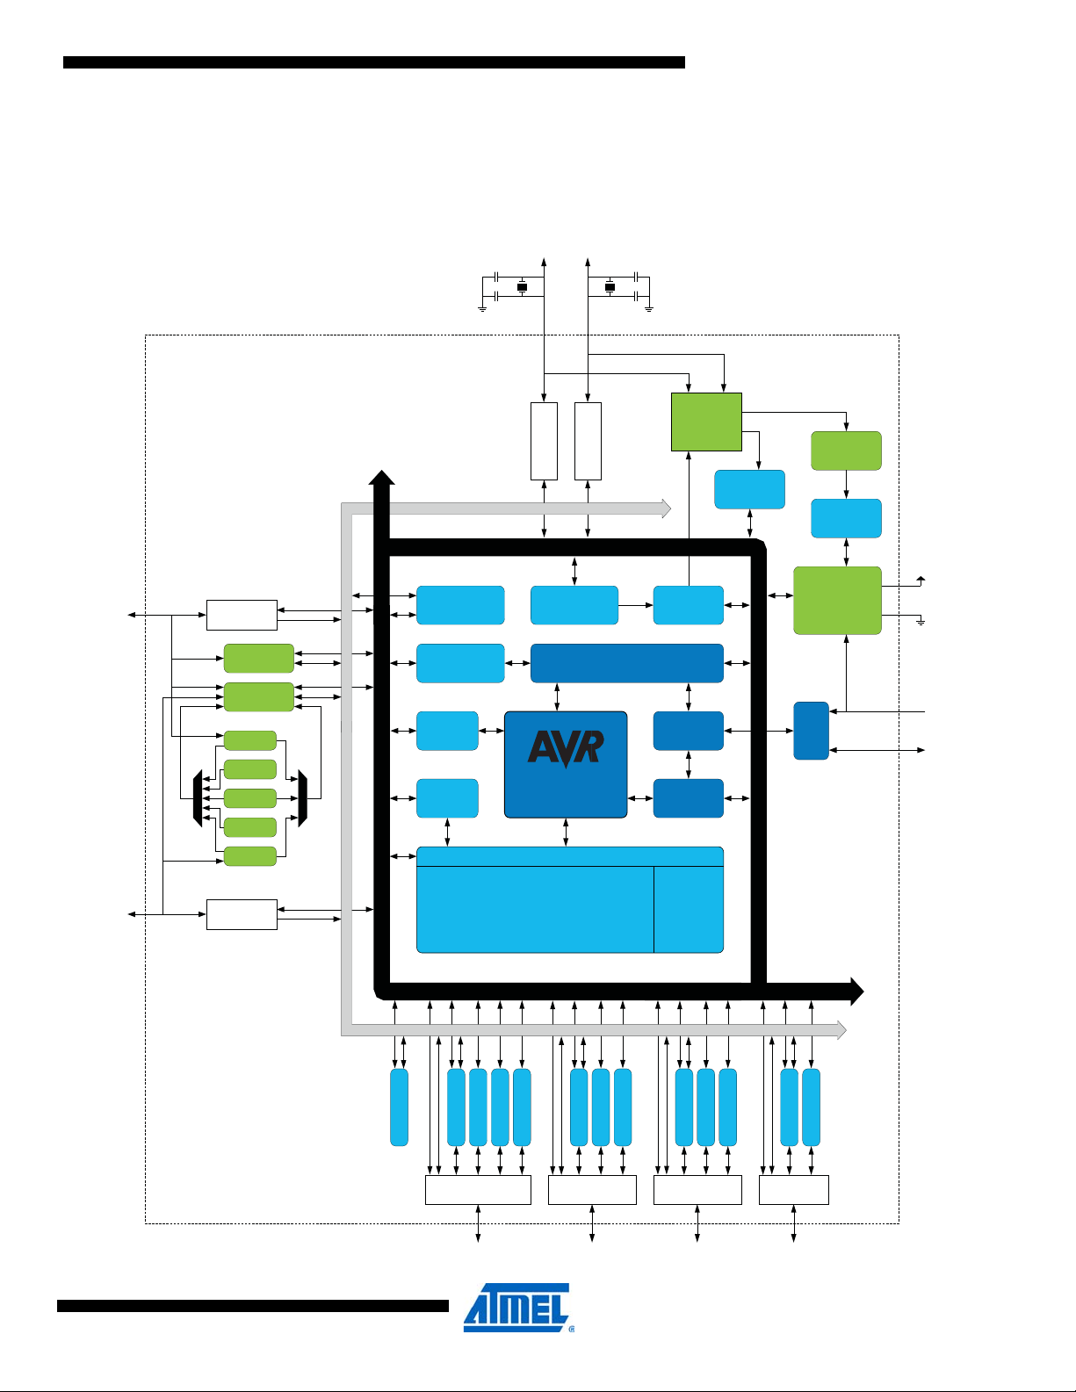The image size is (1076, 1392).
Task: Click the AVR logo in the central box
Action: tap(566, 748)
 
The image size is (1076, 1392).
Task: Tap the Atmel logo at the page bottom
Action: tap(517, 1308)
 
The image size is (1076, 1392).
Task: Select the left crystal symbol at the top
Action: tap(522, 287)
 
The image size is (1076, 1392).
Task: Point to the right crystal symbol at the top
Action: tap(610, 287)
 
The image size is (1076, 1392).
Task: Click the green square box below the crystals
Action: tap(706, 422)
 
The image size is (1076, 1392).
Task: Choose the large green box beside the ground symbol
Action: tap(837, 600)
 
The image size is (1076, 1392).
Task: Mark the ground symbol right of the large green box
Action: tap(921, 622)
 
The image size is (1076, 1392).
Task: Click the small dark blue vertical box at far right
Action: tap(811, 730)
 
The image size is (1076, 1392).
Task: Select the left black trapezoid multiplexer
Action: tap(198, 798)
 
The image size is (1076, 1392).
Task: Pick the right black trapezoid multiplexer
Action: tap(303, 798)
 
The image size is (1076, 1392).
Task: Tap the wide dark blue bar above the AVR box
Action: tap(626, 663)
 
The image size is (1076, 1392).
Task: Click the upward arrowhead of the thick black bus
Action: tap(381, 478)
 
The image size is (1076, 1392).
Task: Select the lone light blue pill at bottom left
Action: tap(399, 1107)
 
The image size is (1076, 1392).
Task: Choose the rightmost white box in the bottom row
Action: tap(793, 1190)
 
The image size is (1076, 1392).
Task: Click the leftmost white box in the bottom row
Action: tap(478, 1190)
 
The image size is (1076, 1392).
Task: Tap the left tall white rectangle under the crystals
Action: tap(544, 441)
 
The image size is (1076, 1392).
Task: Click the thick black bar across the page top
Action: tap(373, 62)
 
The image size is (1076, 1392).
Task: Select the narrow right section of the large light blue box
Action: tap(689, 908)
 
